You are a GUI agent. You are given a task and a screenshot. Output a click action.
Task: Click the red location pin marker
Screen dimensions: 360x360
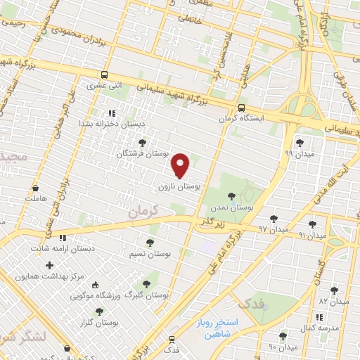(181, 165)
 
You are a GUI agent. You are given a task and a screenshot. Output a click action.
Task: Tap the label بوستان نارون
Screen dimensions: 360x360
(181, 188)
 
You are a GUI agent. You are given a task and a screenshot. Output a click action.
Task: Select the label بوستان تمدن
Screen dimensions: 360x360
(231, 208)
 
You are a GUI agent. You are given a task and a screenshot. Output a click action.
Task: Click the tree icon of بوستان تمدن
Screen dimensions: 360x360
(231, 197)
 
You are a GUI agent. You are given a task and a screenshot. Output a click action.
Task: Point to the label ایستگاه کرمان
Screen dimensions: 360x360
(242, 119)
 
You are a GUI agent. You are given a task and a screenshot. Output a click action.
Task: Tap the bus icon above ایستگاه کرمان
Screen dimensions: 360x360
(241, 108)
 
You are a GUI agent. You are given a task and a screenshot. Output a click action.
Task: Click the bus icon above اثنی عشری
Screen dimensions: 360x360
(104, 75)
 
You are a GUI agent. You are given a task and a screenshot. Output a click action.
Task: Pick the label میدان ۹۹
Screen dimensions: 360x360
(298, 153)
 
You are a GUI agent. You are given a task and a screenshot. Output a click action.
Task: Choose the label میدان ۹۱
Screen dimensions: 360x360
(313, 235)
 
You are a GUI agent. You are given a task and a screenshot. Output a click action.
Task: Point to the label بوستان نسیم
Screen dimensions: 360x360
(149, 252)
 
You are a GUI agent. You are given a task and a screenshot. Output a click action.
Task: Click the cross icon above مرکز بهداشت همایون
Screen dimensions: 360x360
(49, 265)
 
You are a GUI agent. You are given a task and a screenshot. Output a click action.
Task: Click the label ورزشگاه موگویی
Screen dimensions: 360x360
(95, 295)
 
